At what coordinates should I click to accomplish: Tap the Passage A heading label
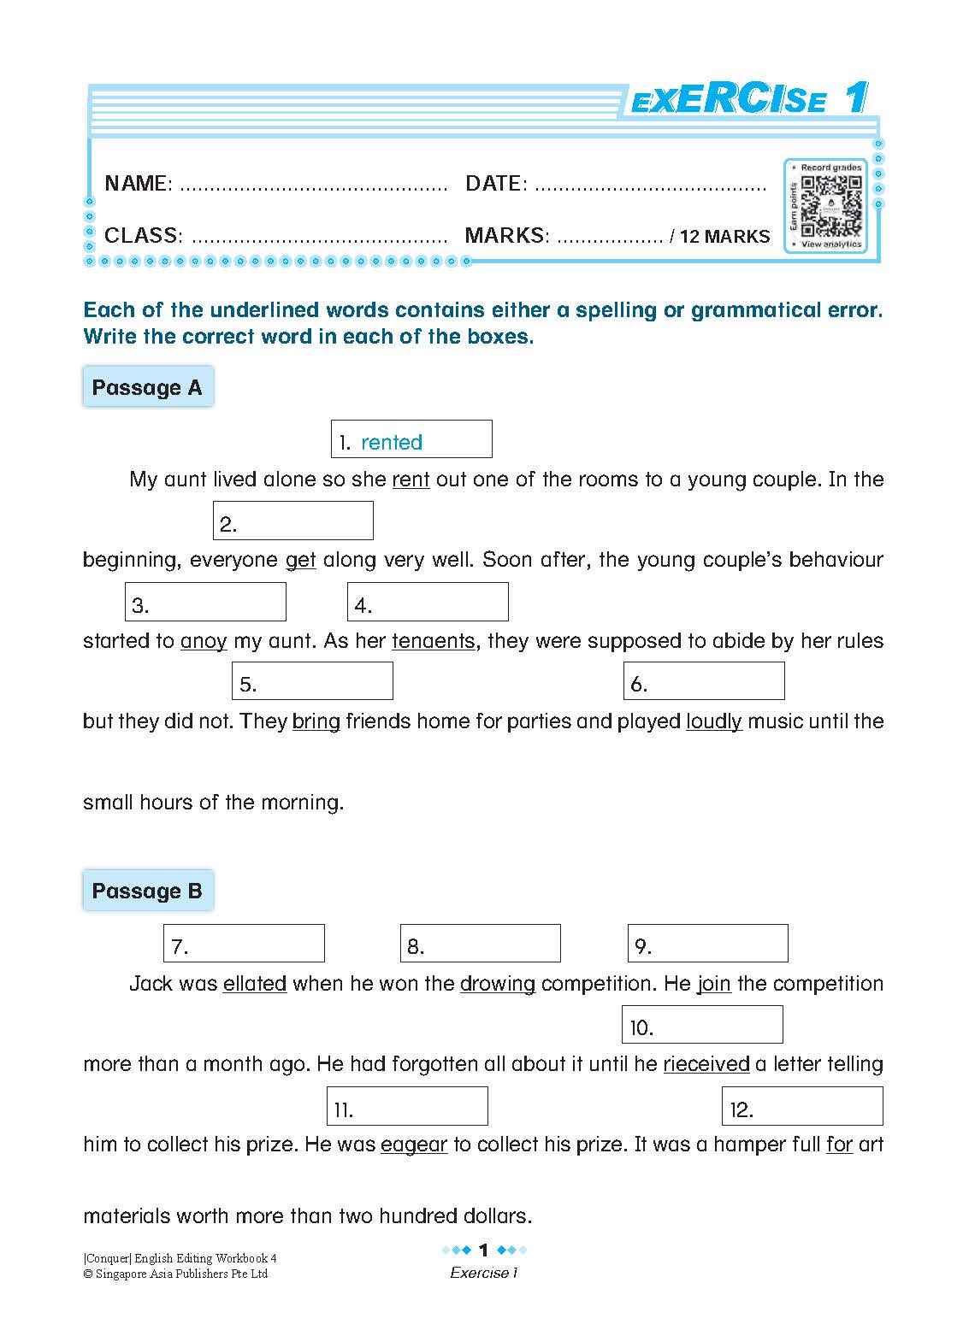click(147, 387)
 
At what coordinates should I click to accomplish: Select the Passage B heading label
click(147, 891)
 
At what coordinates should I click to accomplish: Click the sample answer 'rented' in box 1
click(392, 442)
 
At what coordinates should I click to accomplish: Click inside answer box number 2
click(292, 521)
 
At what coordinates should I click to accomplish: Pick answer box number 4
click(427, 602)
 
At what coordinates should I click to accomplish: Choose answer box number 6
click(703, 681)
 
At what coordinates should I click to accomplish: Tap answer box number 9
click(707, 943)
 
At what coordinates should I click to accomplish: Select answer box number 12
click(801, 1106)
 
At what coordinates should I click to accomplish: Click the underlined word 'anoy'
click(204, 641)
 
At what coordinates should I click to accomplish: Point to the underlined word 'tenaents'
click(433, 641)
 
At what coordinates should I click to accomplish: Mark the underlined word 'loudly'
click(713, 721)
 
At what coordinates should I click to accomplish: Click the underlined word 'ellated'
click(254, 984)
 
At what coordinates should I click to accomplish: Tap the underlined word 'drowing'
click(497, 984)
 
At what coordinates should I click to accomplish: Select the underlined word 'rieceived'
click(706, 1064)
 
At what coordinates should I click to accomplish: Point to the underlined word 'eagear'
click(414, 1145)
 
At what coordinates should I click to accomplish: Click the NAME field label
click(138, 183)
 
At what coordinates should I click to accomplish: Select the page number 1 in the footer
click(483, 1250)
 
